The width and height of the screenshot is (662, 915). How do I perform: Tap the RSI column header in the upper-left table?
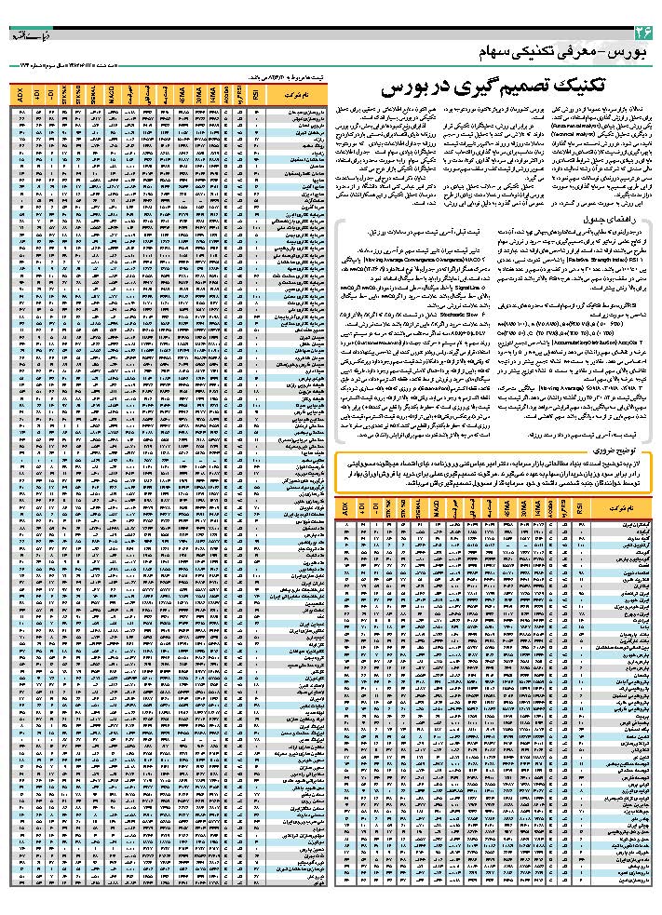click(256, 96)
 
